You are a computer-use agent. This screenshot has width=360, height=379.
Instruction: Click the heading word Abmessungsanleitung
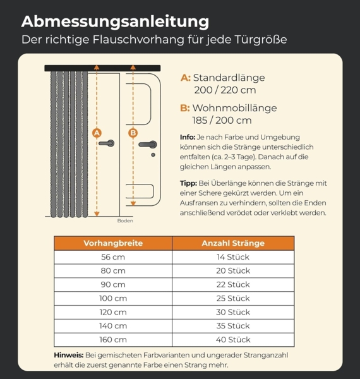[x=115, y=21]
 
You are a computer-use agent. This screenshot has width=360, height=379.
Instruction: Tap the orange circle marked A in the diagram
[x=97, y=133]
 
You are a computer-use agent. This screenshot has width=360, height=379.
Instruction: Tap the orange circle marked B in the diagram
[x=133, y=133]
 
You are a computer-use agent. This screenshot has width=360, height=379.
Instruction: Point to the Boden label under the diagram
[x=125, y=221]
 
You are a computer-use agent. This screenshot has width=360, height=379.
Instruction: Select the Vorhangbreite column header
[x=113, y=243]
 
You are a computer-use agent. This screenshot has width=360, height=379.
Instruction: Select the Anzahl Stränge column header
[x=233, y=243]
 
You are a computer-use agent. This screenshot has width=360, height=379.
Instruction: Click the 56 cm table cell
[x=113, y=257]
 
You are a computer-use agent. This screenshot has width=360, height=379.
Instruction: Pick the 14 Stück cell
[x=233, y=257]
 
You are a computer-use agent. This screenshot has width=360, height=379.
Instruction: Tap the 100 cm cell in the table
[x=113, y=298]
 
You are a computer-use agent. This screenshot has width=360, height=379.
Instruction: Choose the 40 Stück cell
[x=233, y=339]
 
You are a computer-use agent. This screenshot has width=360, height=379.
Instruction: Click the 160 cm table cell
[x=113, y=339]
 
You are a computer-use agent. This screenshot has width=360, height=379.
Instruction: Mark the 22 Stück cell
[x=233, y=284]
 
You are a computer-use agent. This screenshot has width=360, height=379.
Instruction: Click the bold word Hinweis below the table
[x=68, y=355]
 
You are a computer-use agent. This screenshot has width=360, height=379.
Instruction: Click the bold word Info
[x=188, y=137]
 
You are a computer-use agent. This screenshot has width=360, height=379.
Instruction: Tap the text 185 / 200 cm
[x=222, y=120]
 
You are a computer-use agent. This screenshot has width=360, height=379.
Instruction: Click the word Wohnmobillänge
[x=234, y=107]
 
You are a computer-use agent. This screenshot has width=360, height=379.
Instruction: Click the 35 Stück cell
[x=233, y=325]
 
